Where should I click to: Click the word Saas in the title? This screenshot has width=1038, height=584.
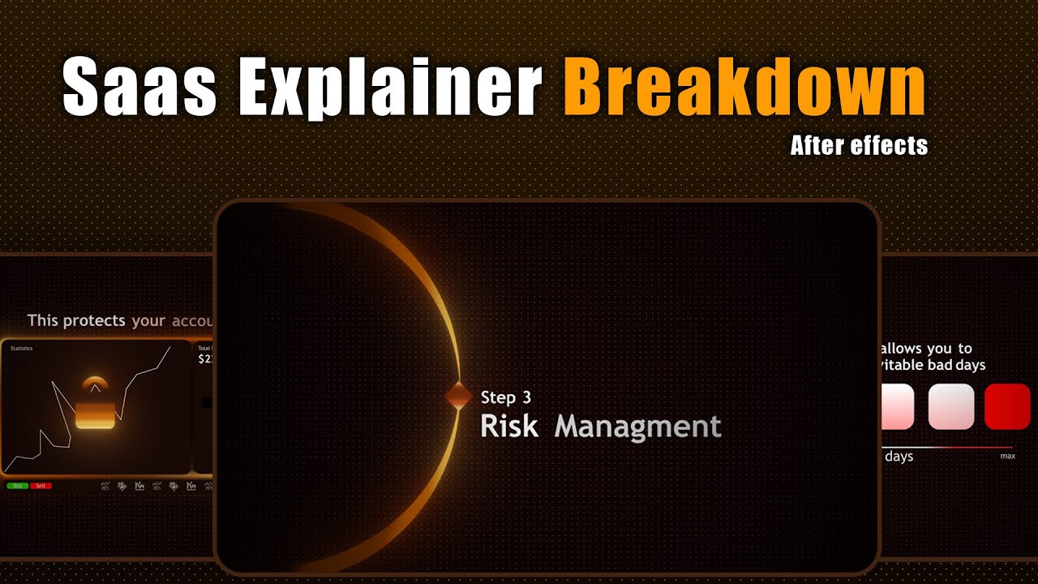click(140, 88)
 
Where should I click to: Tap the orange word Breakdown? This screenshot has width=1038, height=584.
click(744, 88)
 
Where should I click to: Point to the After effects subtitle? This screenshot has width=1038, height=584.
click(859, 146)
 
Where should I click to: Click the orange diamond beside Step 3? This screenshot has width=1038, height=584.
click(458, 396)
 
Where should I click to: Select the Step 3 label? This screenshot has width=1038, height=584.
click(506, 397)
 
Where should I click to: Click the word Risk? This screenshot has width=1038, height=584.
click(509, 427)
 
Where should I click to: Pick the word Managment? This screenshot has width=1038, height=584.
click(637, 427)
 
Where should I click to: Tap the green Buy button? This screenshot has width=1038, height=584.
click(17, 486)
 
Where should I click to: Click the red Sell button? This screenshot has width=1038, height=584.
click(41, 486)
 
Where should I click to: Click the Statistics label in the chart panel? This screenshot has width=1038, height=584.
click(22, 349)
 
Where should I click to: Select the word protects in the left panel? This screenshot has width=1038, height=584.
click(94, 320)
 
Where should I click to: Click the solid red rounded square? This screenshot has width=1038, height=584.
click(1007, 406)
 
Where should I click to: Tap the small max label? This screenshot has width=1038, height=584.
click(1007, 457)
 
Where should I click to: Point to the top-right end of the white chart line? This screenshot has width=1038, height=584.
click(170, 347)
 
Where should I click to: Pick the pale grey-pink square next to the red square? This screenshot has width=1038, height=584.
click(951, 406)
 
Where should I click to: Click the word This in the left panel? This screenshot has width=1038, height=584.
click(43, 320)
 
